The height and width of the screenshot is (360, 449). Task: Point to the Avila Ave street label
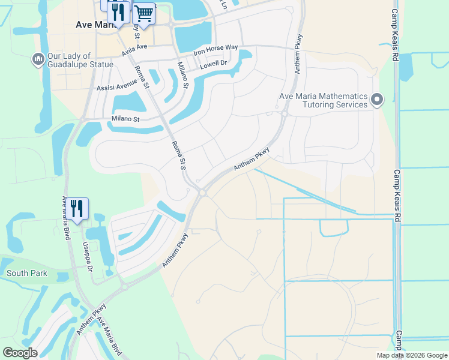coord(134,49)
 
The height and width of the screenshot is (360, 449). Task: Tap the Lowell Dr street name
coord(214,63)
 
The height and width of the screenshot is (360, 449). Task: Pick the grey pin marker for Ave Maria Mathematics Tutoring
coord(377,99)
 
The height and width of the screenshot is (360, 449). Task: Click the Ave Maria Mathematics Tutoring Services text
coord(323,100)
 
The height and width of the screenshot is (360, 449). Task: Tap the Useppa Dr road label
coord(88,257)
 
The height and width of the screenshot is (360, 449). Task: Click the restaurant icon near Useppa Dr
coord(77,208)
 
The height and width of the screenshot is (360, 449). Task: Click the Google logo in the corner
coord(20,352)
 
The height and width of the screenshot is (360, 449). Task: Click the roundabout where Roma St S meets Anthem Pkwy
coord(203,193)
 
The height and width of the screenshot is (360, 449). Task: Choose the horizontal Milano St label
coord(125,119)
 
